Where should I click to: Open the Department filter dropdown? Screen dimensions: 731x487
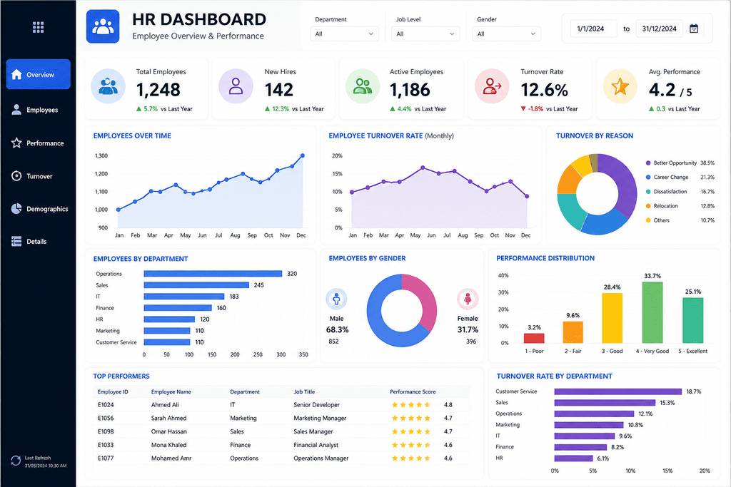[x=345, y=34]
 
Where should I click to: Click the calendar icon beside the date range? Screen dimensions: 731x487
[x=694, y=29]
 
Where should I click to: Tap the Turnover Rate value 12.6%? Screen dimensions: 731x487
[x=544, y=90]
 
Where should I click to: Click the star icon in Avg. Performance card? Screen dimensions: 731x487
[x=620, y=86]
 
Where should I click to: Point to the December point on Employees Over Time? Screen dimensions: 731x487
[x=303, y=155]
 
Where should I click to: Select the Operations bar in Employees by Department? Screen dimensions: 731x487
[x=213, y=274]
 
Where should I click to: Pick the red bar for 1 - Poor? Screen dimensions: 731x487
[x=534, y=338]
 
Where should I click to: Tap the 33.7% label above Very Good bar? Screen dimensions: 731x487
[x=652, y=276]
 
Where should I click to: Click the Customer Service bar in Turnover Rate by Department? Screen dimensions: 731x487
[x=617, y=391]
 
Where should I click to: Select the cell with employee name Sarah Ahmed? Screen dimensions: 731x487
[x=168, y=418]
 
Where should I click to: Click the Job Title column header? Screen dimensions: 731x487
[x=304, y=391]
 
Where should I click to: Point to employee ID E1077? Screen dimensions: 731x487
[x=106, y=458]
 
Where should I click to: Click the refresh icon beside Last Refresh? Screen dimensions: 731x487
[x=16, y=461]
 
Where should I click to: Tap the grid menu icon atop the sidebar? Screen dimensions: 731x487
[x=39, y=28]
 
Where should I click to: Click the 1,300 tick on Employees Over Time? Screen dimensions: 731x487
[x=101, y=156]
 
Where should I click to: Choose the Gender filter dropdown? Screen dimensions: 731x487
[x=506, y=34]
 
